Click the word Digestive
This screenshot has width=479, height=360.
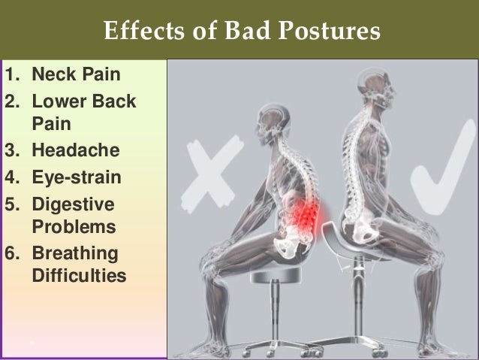[x=73, y=205]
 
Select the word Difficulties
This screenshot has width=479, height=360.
[x=79, y=276]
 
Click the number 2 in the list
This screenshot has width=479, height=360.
[x=11, y=101]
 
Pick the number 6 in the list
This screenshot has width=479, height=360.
[x=11, y=253]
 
